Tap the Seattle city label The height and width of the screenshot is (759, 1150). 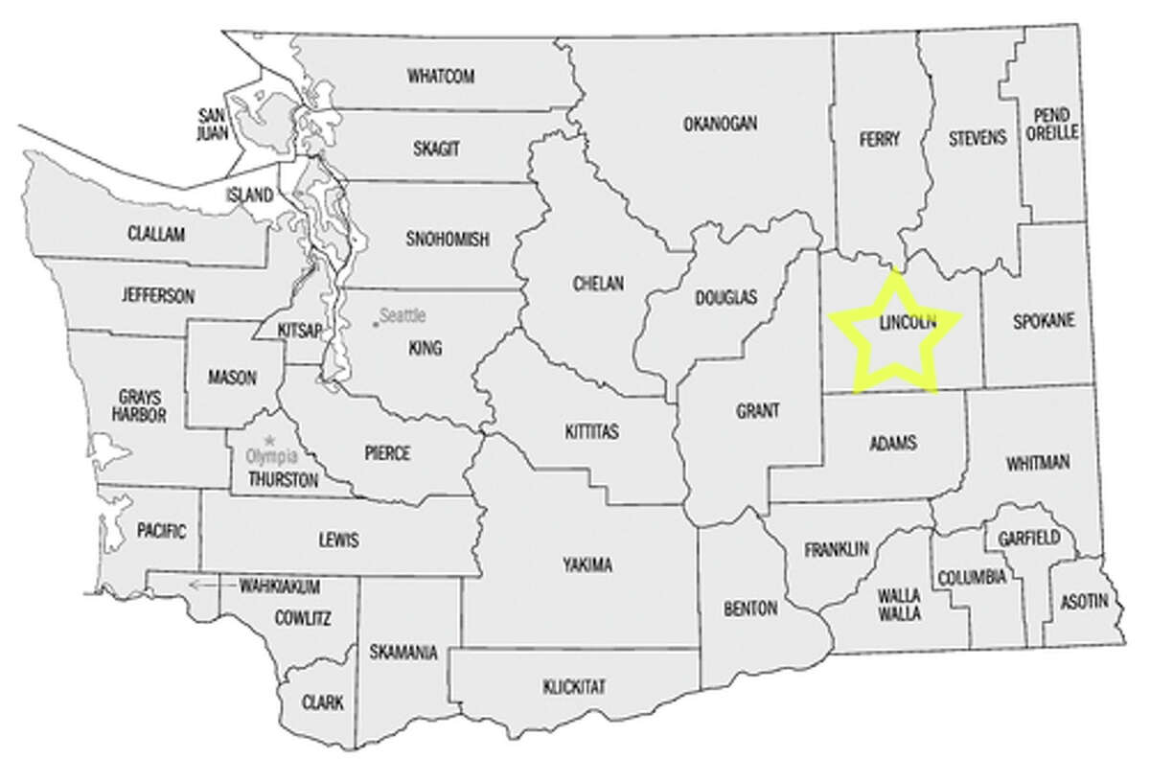pos(402,314)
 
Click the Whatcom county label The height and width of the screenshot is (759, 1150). pos(441,76)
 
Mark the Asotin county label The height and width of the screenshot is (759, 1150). pos(1084,602)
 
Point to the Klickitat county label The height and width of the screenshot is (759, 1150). pos(574,686)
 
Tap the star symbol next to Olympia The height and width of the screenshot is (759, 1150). pos(254,441)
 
